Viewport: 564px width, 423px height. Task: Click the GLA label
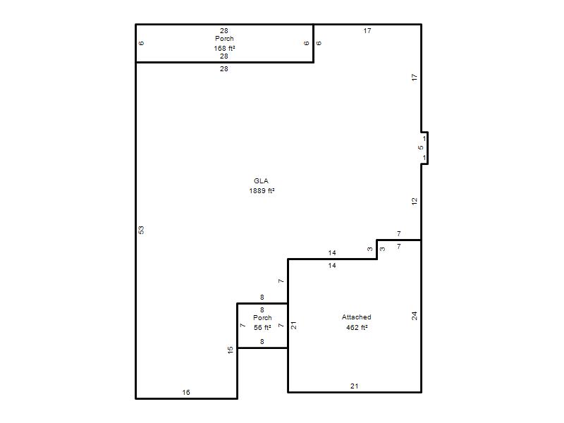pos(261,181)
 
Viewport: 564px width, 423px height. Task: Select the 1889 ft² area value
pos(262,190)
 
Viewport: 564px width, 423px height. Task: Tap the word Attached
pos(357,317)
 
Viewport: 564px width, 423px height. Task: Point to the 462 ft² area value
pos(357,327)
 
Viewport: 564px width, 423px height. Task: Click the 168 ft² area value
pos(224,48)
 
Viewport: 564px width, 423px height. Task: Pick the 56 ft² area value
pos(262,327)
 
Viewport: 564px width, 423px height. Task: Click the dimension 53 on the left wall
pos(142,230)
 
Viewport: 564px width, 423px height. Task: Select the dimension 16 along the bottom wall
pos(186,393)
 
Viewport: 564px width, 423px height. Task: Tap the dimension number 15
pos(231,350)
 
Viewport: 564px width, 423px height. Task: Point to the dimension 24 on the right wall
pos(415,316)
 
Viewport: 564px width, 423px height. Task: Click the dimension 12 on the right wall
pos(415,202)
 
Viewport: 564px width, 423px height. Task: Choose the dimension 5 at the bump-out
pos(421,148)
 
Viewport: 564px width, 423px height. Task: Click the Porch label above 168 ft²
pos(224,39)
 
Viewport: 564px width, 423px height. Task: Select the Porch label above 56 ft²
pos(262,318)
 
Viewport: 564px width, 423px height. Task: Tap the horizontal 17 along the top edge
pos(367,31)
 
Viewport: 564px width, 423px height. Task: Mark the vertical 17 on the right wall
pos(415,77)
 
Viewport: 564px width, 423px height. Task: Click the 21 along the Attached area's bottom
pos(355,386)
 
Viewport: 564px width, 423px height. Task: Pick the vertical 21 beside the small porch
pos(294,326)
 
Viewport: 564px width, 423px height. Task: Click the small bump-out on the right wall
pos(427,148)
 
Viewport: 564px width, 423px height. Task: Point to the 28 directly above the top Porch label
pos(224,31)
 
